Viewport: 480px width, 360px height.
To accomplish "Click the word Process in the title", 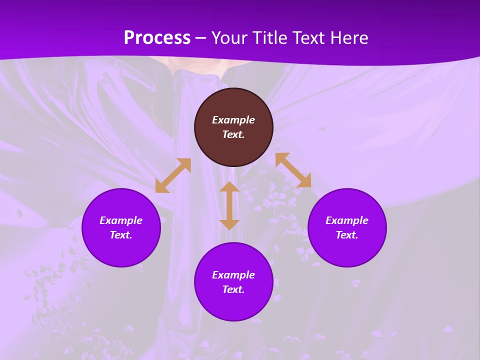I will (x=157, y=38).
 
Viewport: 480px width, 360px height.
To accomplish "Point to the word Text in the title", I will (x=309, y=38).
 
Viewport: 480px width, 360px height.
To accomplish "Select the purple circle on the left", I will (x=121, y=250).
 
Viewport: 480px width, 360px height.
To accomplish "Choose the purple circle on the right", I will (x=347, y=250).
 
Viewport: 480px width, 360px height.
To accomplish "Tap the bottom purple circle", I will (x=233, y=305).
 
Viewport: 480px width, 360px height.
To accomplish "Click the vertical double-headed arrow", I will (x=229, y=205).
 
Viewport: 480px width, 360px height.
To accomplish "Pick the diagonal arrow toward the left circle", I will (x=173, y=175).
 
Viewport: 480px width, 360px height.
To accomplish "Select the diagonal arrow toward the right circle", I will (x=293, y=170).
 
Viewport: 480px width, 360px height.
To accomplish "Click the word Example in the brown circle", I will (x=233, y=120).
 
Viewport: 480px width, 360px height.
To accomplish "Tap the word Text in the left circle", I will (x=121, y=235).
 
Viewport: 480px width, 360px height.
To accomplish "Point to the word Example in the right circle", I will (x=347, y=220).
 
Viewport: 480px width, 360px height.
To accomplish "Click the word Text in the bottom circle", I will (x=233, y=289).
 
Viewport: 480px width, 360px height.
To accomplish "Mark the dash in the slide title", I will (x=201, y=38).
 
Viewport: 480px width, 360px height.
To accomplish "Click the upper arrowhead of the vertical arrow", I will (x=229, y=187).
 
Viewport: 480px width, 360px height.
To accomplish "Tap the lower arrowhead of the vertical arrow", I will (x=229, y=224).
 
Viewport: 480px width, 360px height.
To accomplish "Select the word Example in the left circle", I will (x=121, y=220).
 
